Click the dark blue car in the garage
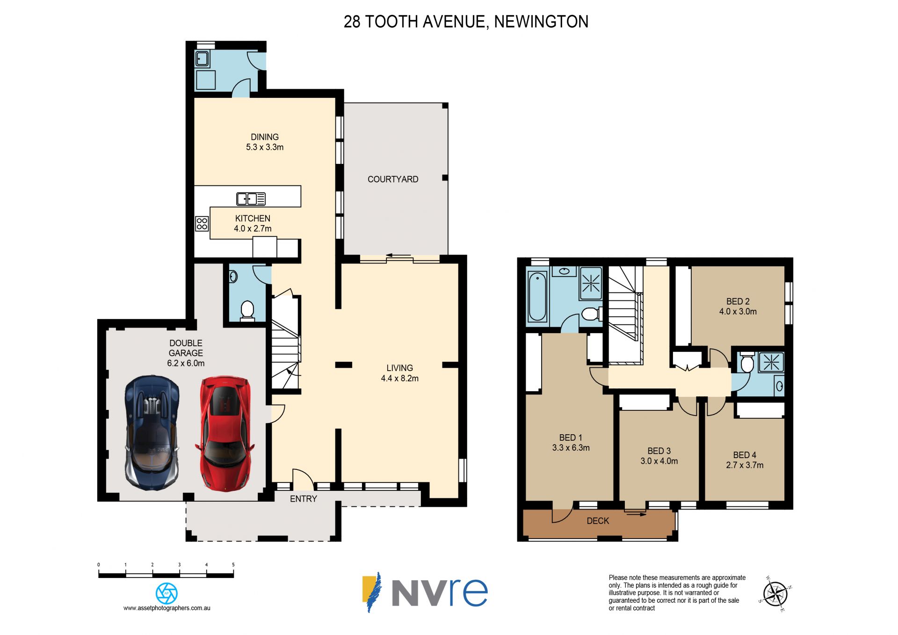(x=152, y=433)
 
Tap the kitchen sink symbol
(x=251, y=199)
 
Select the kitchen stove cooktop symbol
(x=202, y=224)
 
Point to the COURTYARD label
(x=393, y=179)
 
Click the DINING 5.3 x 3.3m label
(x=265, y=142)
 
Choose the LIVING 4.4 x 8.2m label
(x=399, y=373)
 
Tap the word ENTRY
(x=304, y=499)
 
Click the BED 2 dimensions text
(x=738, y=312)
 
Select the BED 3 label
(x=659, y=451)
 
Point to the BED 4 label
(x=745, y=455)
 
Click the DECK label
(x=598, y=521)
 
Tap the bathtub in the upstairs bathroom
(x=537, y=297)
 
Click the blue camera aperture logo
(x=167, y=593)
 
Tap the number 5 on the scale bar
(x=233, y=565)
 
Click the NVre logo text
(x=439, y=592)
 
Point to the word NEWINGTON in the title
(x=541, y=22)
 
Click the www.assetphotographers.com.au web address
(x=167, y=608)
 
